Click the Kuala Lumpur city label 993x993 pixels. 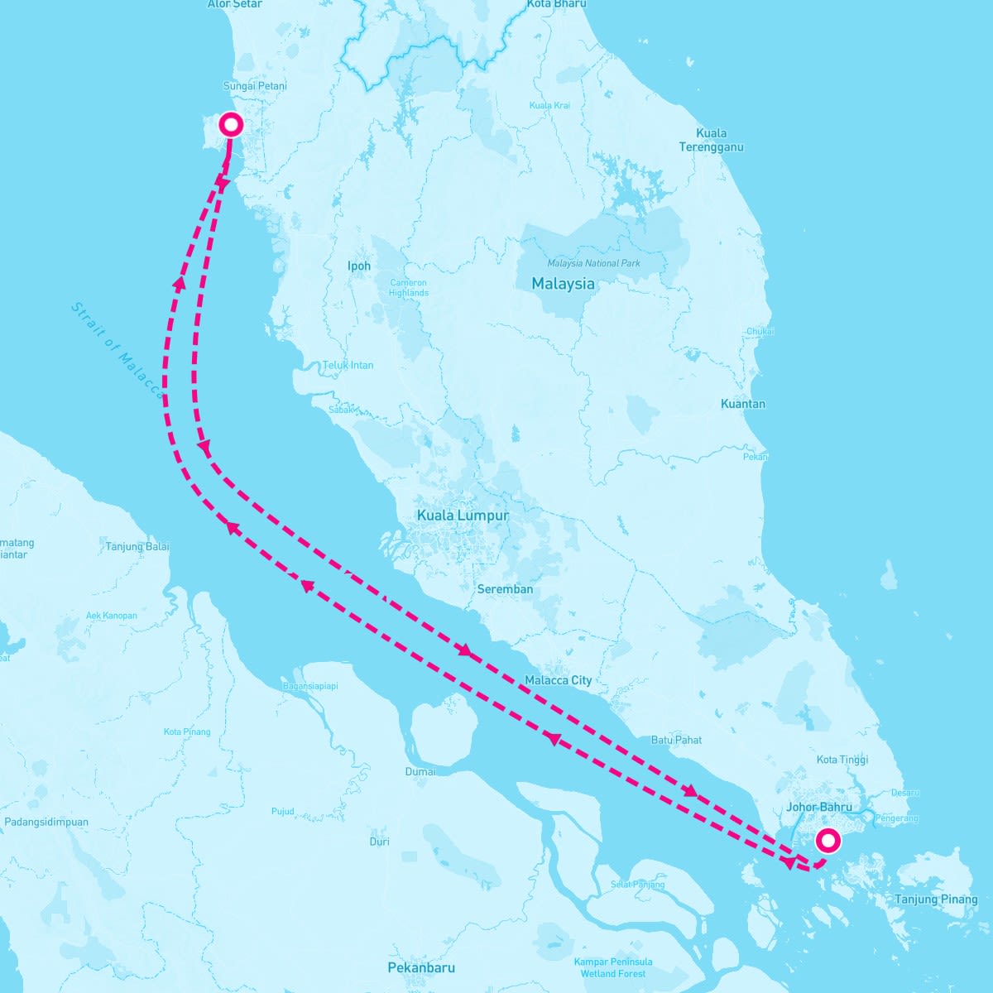tap(463, 516)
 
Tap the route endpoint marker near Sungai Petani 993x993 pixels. tap(231, 125)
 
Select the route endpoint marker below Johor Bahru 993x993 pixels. tap(827, 841)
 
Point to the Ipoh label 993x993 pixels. tap(359, 266)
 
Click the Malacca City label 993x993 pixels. tap(559, 680)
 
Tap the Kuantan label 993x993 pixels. tap(743, 404)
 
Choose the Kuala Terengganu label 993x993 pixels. tap(711, 140)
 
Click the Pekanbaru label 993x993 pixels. tap(421, 967)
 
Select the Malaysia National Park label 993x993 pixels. tap(593, 263)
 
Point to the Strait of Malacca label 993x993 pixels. tap(117, 350)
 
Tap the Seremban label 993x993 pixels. tap(505, 589)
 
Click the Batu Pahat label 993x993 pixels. tap(676, 740)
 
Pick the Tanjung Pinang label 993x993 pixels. tap(936, 899)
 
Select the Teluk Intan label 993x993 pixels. tap(348, 365)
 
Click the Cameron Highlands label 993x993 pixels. tap(408, 288)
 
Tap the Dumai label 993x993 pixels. tap(420, 771)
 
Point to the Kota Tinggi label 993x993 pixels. tap(842, 760)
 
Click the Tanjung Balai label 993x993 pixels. tap(137, 547)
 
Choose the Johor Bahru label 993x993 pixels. tap(819, 807)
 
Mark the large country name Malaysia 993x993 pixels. tap(563, 284)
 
